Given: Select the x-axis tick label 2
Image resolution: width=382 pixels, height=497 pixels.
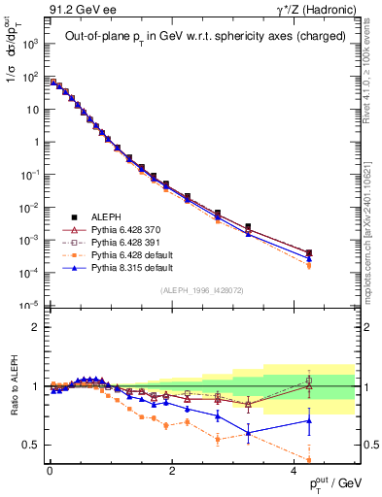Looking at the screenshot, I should point(171,471).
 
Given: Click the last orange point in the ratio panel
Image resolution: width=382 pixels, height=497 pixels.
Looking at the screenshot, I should point(308,460).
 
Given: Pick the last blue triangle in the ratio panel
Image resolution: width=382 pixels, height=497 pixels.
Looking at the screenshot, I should point(308,420).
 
